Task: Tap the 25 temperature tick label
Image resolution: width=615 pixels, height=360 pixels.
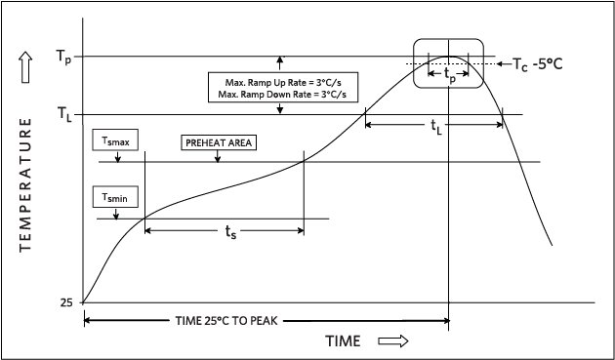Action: (x=66, y=302)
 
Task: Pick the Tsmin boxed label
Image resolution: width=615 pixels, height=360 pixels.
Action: (x=116, y=197)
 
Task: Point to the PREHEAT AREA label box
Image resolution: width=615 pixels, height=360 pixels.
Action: (x=218, y=141)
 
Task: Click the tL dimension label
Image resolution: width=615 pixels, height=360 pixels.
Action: (x=435, y=127)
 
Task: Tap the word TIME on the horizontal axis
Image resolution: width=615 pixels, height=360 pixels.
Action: (x=343, y=341)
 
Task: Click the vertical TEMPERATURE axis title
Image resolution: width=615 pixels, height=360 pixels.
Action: (x=26, y=185)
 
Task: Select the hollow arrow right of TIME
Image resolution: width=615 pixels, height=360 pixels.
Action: (x=390, y=341)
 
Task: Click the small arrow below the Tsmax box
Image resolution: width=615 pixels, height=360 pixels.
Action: (x=116, y=156)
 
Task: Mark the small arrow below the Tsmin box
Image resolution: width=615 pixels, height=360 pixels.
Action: (x=116, y=213)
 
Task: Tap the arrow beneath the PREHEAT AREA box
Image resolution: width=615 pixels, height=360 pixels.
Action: (x=218, y=156)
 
